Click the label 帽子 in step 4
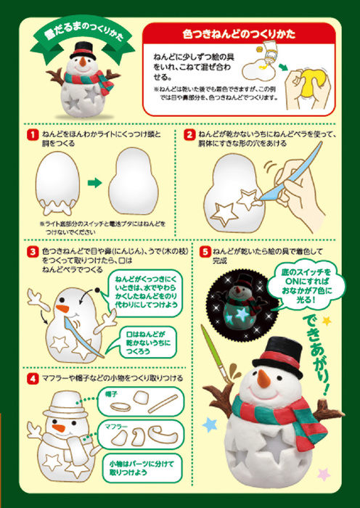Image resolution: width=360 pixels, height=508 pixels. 111,393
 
